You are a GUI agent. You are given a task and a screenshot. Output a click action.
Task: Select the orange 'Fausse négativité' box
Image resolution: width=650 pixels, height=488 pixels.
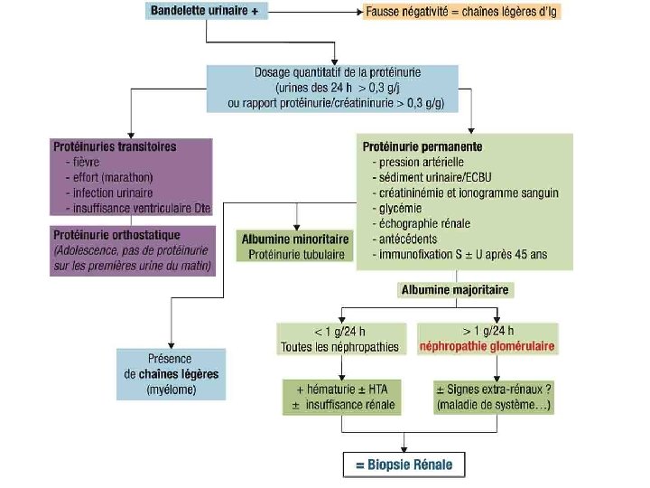tap(461, 14)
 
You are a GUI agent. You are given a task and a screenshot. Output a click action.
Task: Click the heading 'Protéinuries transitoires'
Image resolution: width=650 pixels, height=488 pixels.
tap(114, 146)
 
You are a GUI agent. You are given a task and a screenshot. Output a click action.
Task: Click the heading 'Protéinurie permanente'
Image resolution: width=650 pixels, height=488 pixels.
tap(422, 146)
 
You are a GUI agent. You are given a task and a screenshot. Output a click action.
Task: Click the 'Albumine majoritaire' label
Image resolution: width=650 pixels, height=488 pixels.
tap(454, 291)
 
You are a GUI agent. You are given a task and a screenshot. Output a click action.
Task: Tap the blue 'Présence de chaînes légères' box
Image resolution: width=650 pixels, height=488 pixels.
tap(171, 373)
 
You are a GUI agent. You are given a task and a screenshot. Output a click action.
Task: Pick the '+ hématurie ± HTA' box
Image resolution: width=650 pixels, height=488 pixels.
tap(340, 396)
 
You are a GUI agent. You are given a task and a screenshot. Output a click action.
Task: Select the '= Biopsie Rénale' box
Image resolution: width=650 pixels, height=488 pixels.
tap(405, 465)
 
